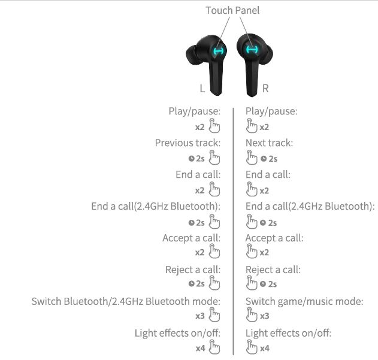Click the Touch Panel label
tap(232, 10)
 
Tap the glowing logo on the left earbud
tap(218, 51)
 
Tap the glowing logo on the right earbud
tap(252, 50)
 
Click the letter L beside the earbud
tap(202, 89)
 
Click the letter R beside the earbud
tap(265, 89)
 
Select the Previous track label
tap(188, 143)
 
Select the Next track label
tap(269, 143)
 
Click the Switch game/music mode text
tap(304, 301)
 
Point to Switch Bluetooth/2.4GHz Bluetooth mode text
tap(126, 301)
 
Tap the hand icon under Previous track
tap(214, 158)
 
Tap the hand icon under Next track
tap(252, 158)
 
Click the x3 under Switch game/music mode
tap(264, 316)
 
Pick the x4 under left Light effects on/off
tap(200, 348)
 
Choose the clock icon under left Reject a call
tap(192, 283)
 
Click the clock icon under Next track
tap(264, 158)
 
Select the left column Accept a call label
tap(192, 238)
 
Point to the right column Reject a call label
tap(273, 270)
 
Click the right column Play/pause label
tap(271, 111)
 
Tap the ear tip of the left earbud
tap(193, 55)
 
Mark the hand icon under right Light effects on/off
tap(252, 347)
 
